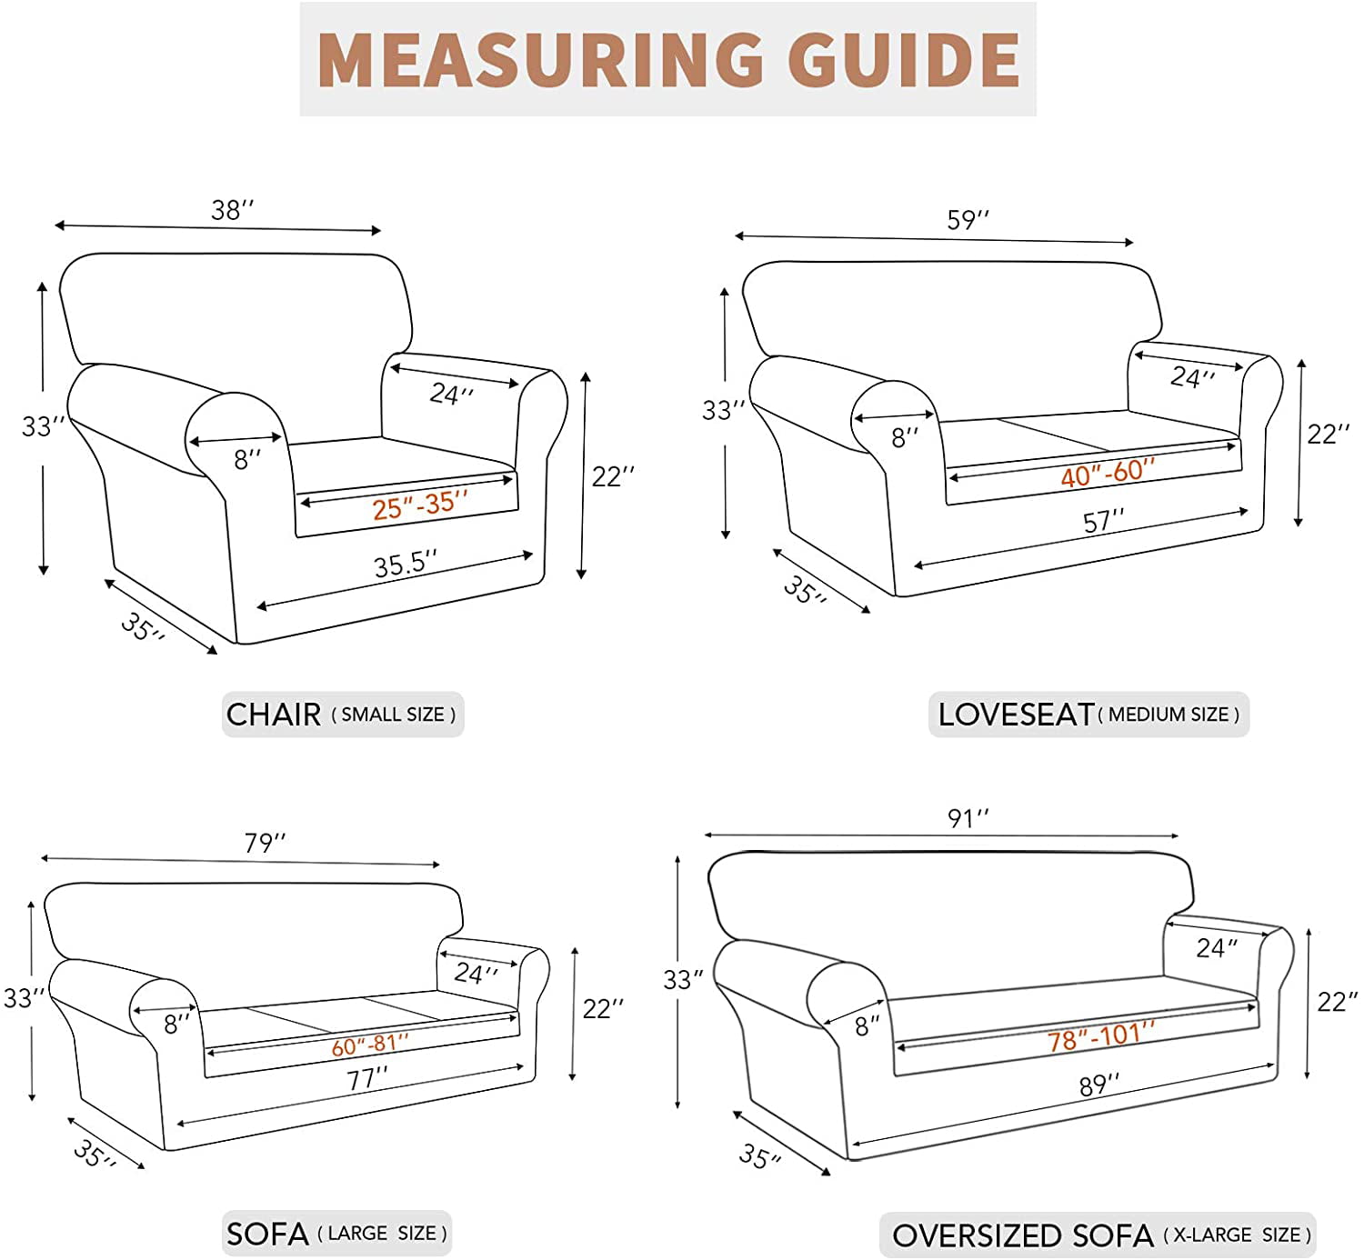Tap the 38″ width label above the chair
(x=232, y=210)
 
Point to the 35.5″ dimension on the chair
(x=405, y=565)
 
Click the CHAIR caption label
(x=274, y=715)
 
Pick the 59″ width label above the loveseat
(x=968, y=220)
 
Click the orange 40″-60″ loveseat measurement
(x=1107, y=473)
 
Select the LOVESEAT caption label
(x=1016, y=715)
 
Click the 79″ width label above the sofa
(x=264, y=844)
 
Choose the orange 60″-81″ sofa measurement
(x=369, y=1046)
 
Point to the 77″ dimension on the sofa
(x=366, y=1080)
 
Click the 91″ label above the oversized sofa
(x=968, y=818)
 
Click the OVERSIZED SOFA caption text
(x=1022, y=1235)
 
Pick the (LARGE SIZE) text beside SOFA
(x=382, y=1234)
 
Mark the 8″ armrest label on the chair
(x=247, y=460)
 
